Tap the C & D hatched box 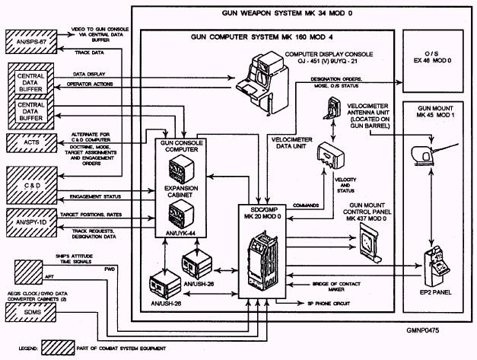tap(30, 185)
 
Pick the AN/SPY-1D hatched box tap(30, 218)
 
